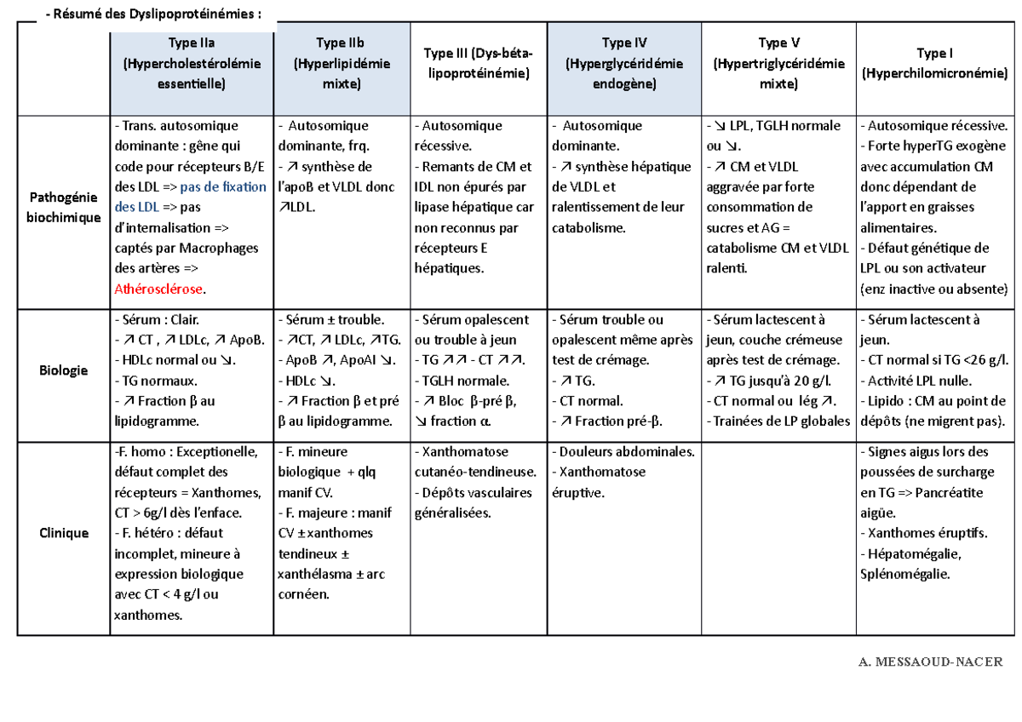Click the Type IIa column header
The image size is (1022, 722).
(x=192, y=64)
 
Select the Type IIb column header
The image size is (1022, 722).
(x=342, y=64)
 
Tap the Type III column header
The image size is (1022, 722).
(x=478, y=64)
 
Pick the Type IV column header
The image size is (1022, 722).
(x=623, y=64)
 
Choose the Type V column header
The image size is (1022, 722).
(x=778, y=64)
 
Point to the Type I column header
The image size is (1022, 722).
(x=934, y=64)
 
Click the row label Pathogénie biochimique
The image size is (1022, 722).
(x=63, y=207)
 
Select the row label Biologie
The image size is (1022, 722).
(x=63, y=370)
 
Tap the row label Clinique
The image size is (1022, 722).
(x=63, y=533)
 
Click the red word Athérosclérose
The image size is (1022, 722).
(x=159, y=289)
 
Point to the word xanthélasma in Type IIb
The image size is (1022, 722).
(x=313, y=574)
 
